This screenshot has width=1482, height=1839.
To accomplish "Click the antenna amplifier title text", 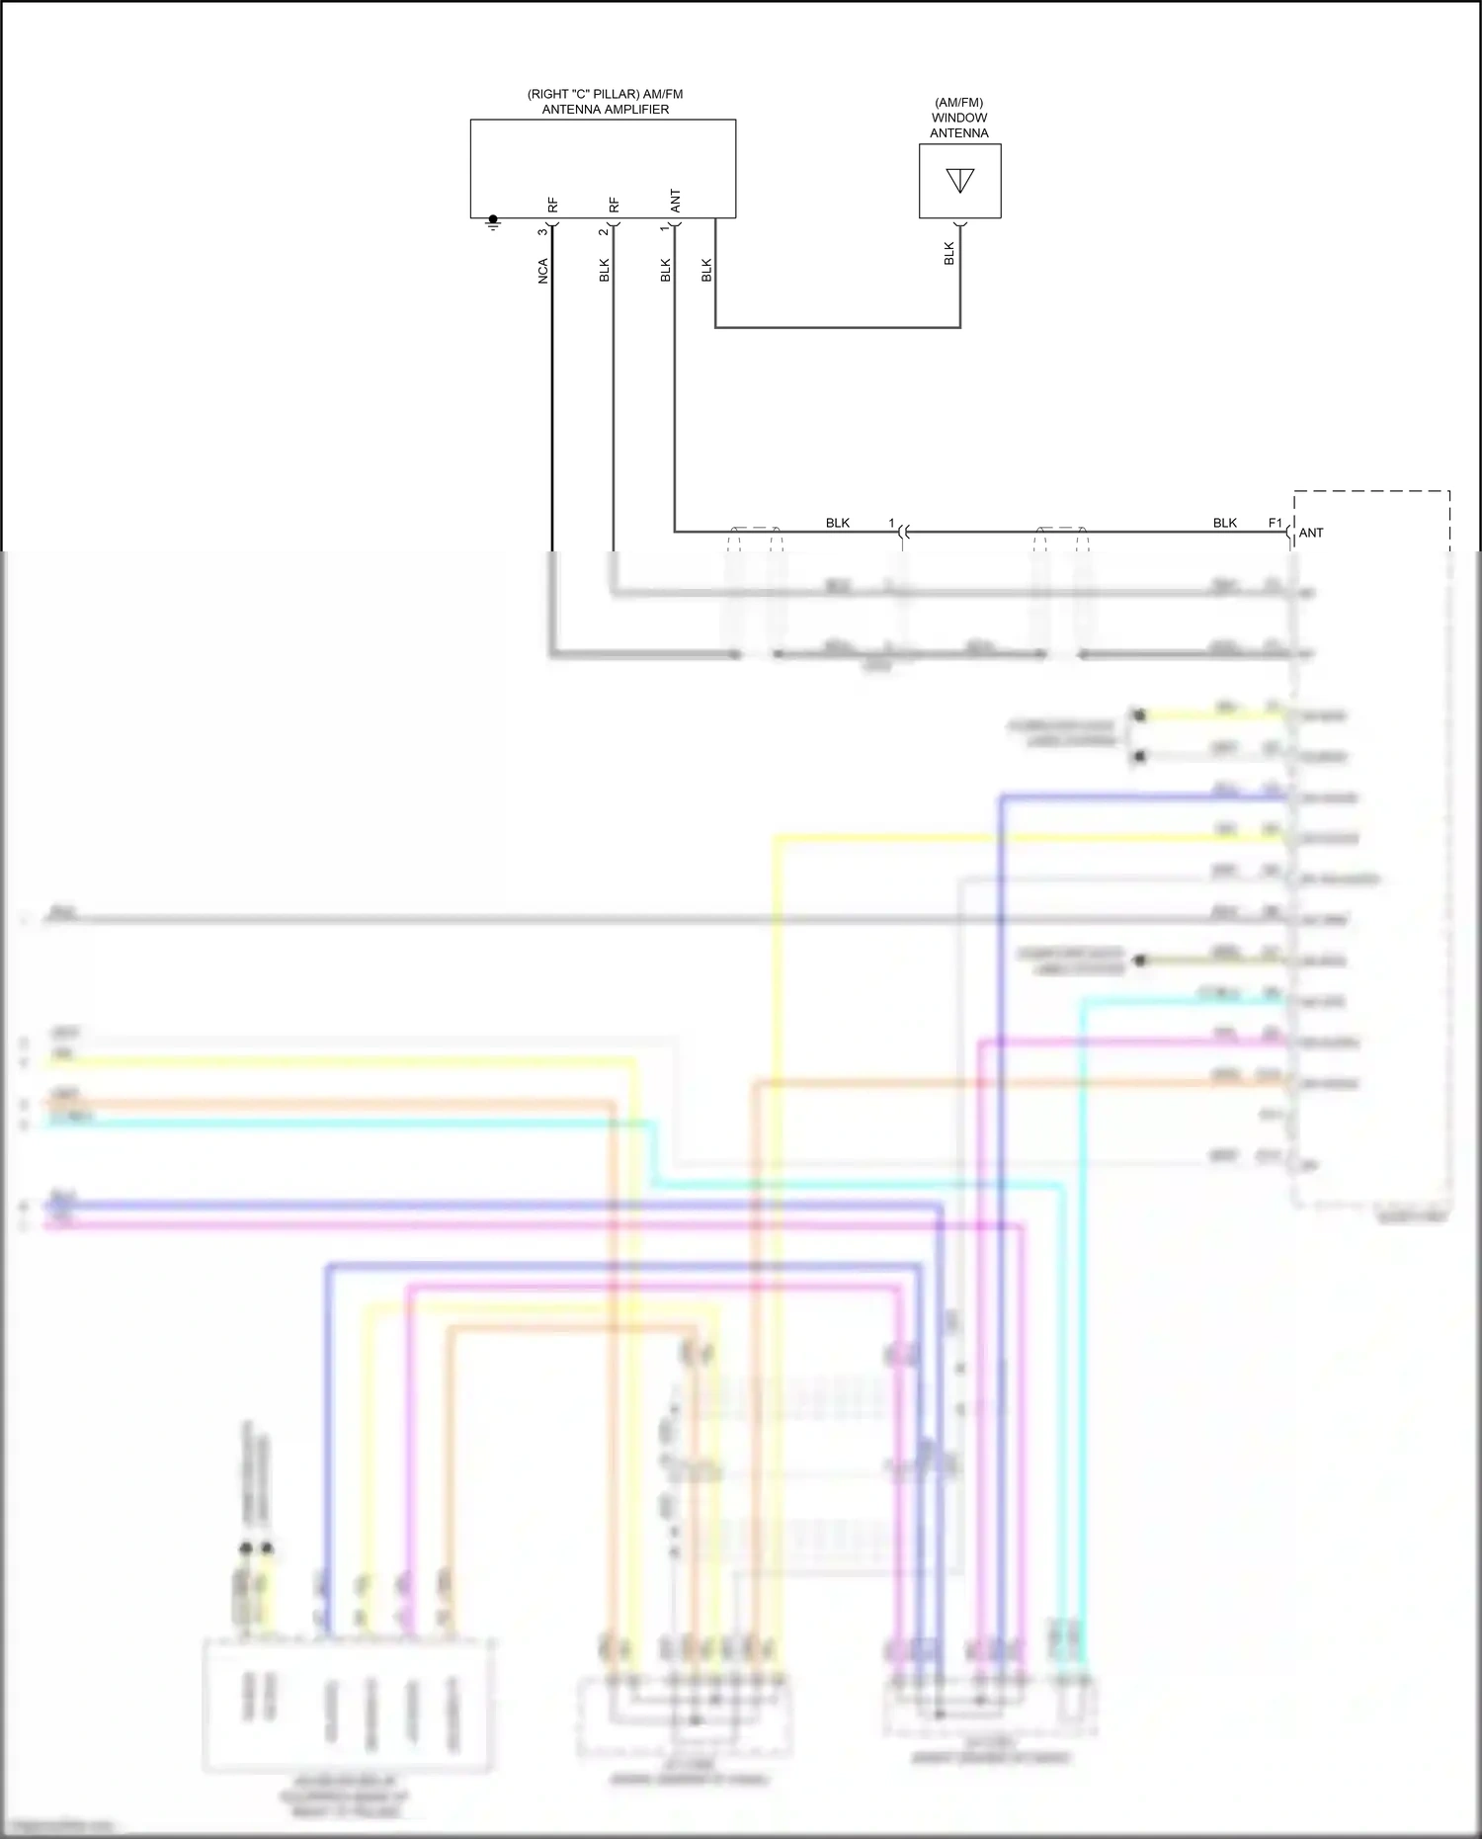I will pyautogui.click(x=605, y=102).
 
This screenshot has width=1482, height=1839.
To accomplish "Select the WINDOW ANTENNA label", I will pyautogui.click(x=958, y=118).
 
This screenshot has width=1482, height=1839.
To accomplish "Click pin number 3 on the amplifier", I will pyautogui.click(x=541, y=232).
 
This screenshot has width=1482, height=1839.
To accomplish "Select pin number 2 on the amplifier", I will pyautogui.click(x=603, y=232).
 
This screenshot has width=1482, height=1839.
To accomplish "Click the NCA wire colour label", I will pyautogui.click(x=542, y=272).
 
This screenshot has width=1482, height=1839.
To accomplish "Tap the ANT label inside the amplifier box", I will pyautogui.click(x=676, y=202).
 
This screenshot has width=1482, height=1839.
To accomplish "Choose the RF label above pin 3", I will pyautogui.click(x=553, y=205).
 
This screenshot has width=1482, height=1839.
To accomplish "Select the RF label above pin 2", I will pyautogui.click(x=615, y=205).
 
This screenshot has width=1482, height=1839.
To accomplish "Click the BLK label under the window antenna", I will pyautogui.click(x=948, y=254).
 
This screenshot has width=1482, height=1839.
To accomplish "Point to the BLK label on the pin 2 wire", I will pyautogui.click(x=604, y=271).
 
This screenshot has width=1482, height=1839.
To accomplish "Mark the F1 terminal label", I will pyautogui.click(x=1275, y=523).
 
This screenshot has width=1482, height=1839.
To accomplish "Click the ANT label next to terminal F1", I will pyautogui.click(x=1311, y=533).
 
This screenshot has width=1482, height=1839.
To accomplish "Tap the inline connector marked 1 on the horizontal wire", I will pyautogui.click(x=901, y=533).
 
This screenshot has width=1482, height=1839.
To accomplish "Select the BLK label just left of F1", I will pyautogui.click(x=1224, y=523).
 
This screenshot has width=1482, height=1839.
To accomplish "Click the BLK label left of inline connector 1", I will pyautogui.click(x=837, y=523).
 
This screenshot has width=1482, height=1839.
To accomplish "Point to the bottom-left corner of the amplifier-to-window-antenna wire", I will pyautogui.click(x=715, y=327).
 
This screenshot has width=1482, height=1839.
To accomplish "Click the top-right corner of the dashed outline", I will pyautogui.click(x=1449, y=490).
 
